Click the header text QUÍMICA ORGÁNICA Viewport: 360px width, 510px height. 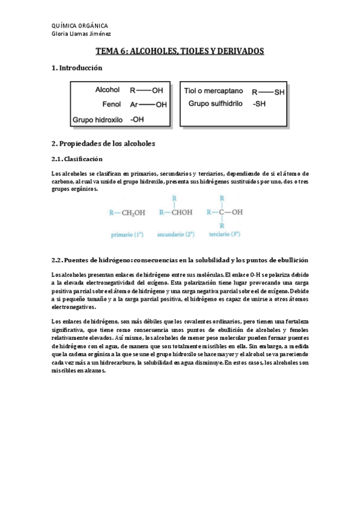coord(80,26)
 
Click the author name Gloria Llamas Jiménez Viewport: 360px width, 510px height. coord(81,34)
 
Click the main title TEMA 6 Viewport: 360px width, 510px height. coord(180,52)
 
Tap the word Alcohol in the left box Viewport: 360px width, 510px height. coord(108,90)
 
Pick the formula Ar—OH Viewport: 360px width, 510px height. coord(148,105)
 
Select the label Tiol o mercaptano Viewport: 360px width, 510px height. coord(213,91)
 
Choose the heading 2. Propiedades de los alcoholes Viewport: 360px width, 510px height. coord(104,144)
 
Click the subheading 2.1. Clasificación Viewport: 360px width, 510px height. coord(78,159)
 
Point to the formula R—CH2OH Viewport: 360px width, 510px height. coord(127,212)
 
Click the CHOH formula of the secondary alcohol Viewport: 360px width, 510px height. coord(180,212)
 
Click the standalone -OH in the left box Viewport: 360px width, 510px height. coord(137,120)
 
